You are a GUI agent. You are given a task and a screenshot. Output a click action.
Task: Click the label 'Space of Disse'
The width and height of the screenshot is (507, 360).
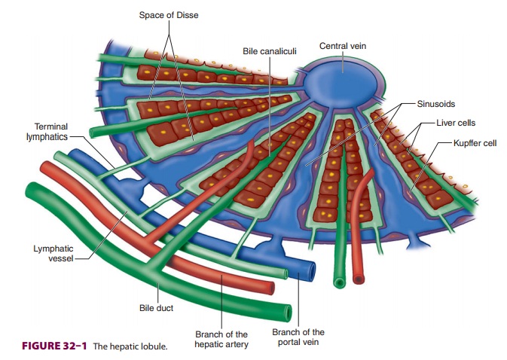[x=170, y=15]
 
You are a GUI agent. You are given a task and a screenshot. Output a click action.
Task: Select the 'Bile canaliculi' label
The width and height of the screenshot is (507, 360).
[x=269, y=51]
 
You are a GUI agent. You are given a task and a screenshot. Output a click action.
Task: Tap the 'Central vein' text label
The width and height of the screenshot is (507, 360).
[x=343, y=46]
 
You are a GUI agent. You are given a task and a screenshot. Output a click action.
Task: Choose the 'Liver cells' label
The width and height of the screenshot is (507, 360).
[x=456, y=122]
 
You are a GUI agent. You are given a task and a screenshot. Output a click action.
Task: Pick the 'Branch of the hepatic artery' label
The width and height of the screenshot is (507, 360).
[x=221, y=338]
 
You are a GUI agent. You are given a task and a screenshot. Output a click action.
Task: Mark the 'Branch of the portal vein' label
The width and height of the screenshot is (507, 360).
[x=298, y=337]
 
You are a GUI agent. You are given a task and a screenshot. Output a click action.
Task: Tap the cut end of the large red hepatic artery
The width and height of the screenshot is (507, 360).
[x=267, y=288]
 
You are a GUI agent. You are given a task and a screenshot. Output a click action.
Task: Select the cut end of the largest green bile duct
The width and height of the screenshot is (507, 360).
[x=284, y=312]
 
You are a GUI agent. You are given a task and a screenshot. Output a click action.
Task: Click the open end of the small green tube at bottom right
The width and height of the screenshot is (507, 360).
[x=340, y=282]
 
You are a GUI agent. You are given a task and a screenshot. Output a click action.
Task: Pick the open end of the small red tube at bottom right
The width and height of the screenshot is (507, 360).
[x=359, y=279]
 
